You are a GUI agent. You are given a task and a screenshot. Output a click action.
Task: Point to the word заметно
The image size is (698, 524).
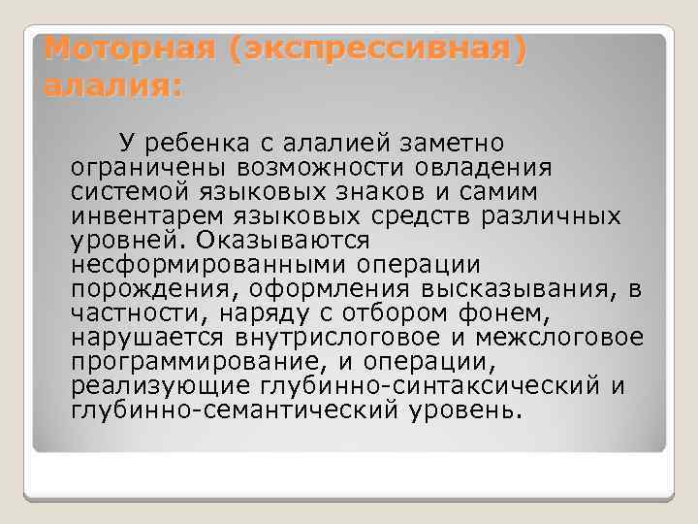pyautogui.click(x=452, y=146)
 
